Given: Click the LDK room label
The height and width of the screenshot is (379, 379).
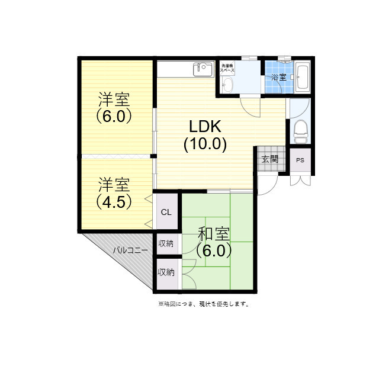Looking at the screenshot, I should pos(205,126).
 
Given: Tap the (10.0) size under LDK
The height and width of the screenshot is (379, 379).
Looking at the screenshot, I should pos(205,144).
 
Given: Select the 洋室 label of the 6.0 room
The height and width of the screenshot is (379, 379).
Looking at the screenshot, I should pos(114,98).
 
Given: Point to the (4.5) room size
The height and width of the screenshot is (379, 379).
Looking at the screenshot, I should pos(114,201).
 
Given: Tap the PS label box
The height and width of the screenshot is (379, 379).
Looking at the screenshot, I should pos(300,160).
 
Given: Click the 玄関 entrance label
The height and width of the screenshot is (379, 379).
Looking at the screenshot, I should pos(269,159).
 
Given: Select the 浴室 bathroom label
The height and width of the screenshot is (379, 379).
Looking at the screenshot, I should pos(278,78).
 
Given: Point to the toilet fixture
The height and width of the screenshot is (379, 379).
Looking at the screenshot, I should pos(300,130).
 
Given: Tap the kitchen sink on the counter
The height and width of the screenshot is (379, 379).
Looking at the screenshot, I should pos(203,69).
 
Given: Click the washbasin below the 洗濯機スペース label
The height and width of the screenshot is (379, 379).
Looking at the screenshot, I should pos(229,86).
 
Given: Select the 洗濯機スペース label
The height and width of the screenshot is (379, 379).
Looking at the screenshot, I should pos(228,68).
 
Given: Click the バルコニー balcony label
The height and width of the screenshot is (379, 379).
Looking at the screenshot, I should pos(131,250).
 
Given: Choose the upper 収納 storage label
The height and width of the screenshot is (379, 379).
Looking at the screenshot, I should pos(166,243).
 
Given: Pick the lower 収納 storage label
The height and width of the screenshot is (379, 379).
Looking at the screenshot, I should pos(166,272).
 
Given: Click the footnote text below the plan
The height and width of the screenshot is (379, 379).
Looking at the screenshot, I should pos(203,304).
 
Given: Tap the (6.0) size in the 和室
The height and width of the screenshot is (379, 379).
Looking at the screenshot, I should pos(214,250).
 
